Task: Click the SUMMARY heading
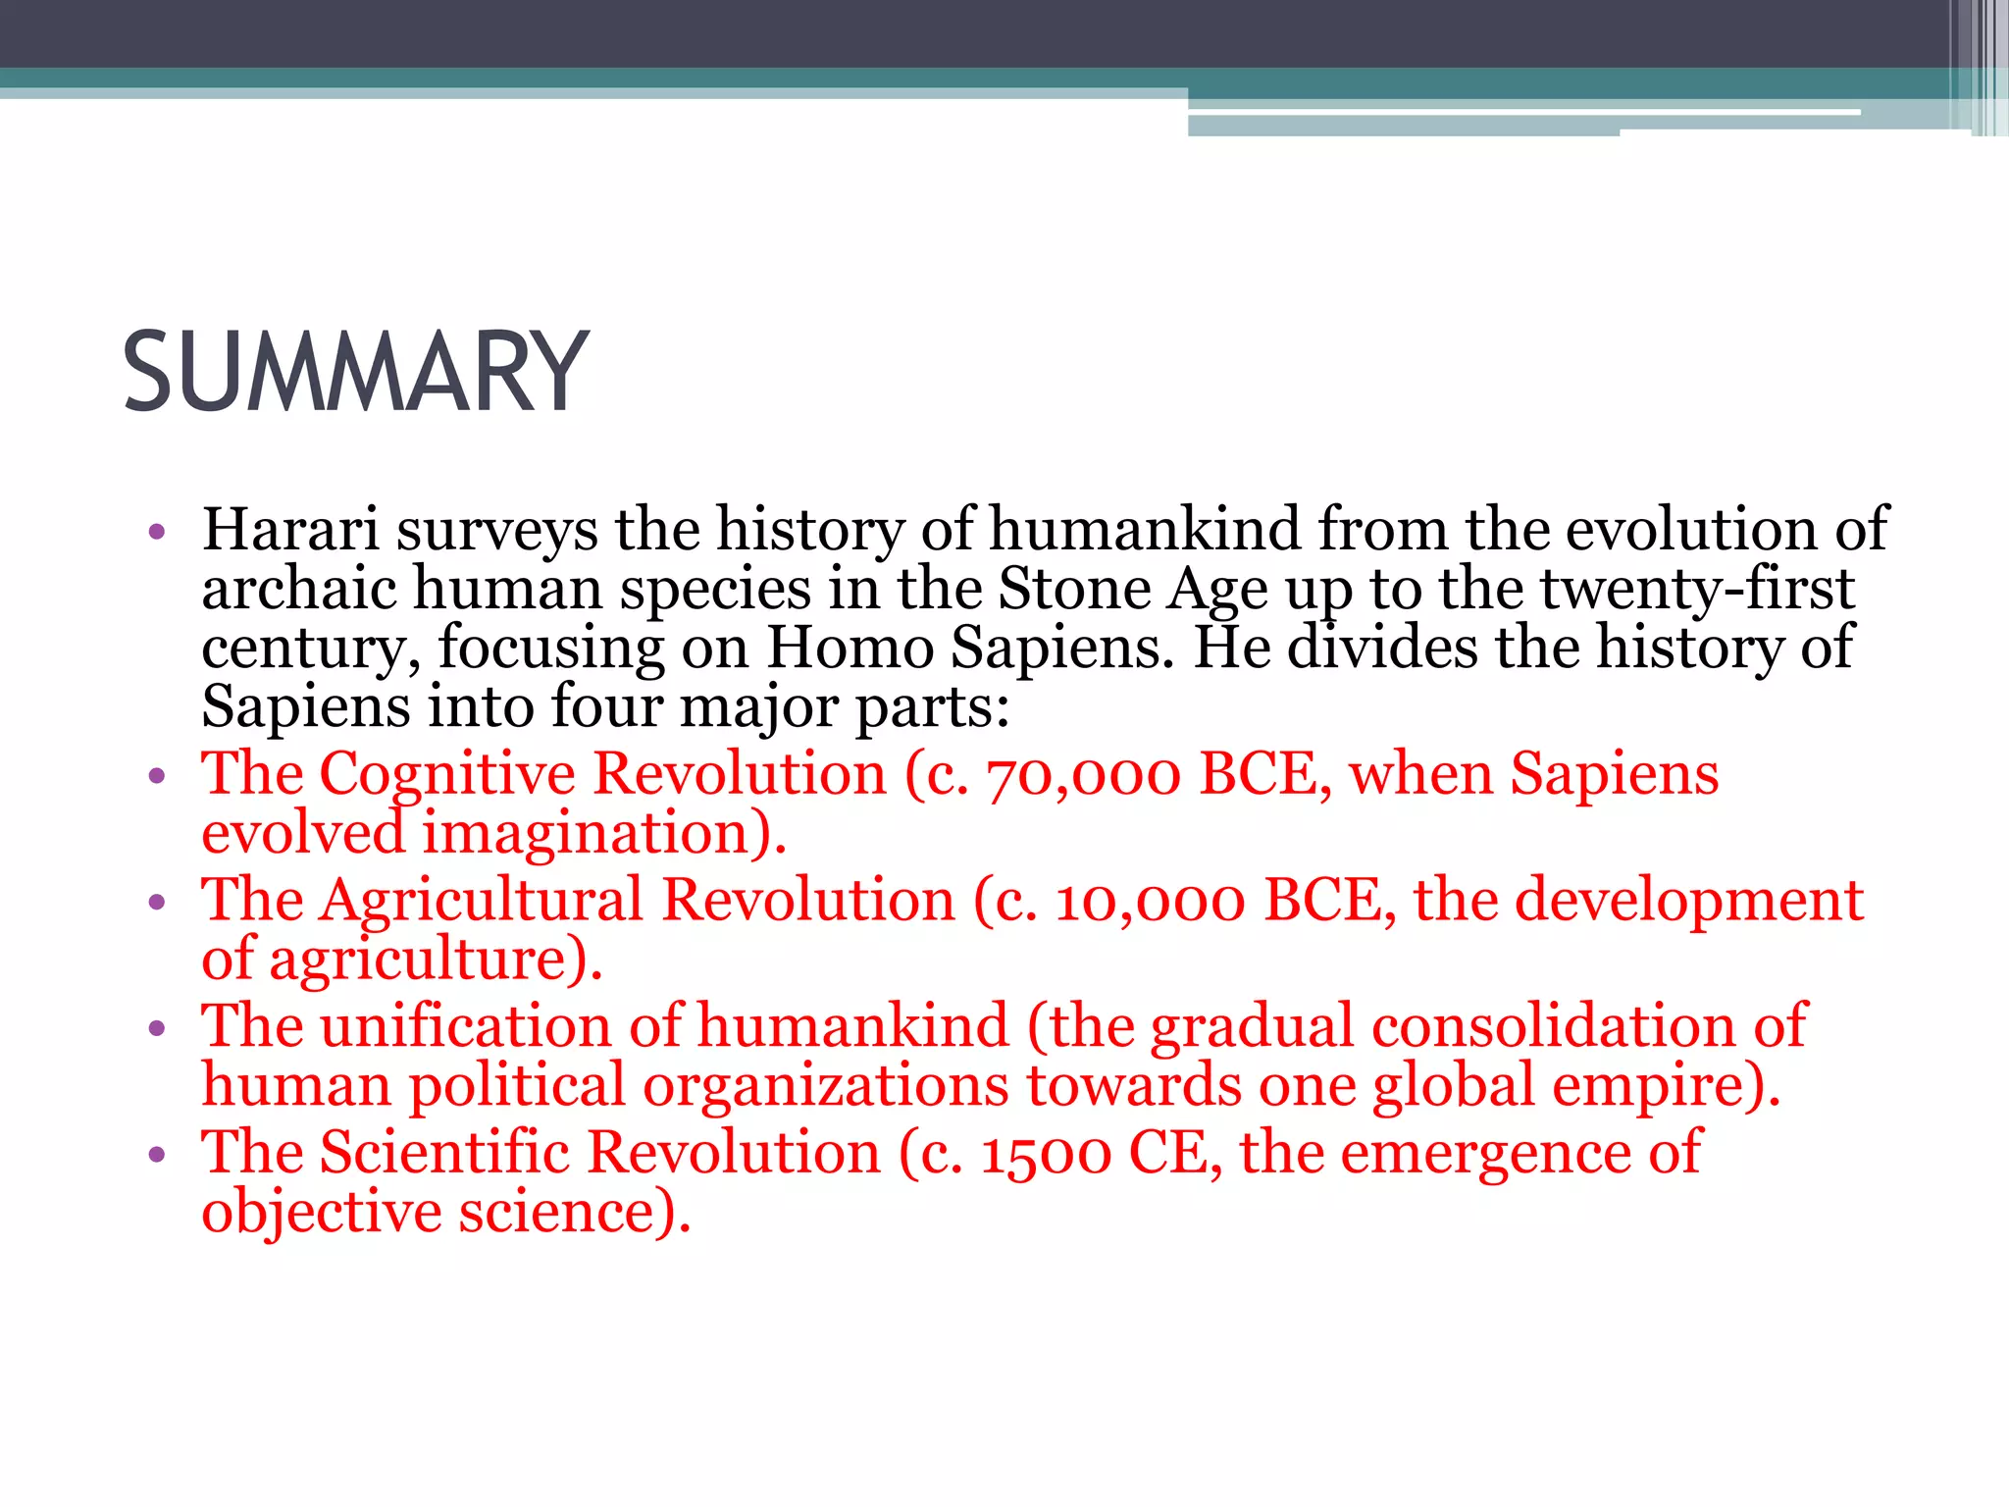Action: (x=355, y=373)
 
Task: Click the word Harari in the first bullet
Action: (x=290, y=530)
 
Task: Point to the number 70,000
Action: (x=1083, y=775)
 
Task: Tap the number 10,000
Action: (x=1150, y=901)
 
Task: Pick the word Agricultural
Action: (x=482, y=901)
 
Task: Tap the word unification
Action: (x=466, y=1027)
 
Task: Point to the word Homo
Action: (x=850, y=649)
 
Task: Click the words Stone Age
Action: (x=1133, y=590)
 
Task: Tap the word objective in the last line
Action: (x=322, y=1213)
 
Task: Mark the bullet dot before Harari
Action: (x=157, y=533)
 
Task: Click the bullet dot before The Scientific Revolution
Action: (x=157, y=1155)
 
